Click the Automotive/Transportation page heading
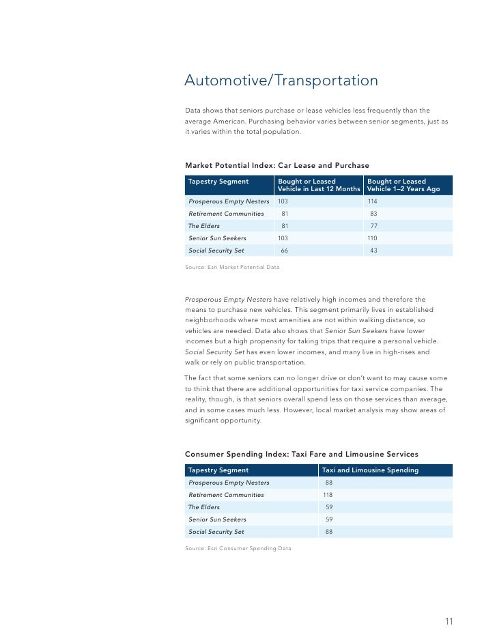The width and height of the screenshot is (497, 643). click(281, 81)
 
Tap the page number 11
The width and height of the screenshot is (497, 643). click(449, 621)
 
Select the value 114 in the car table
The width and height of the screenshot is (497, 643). click(372, 201)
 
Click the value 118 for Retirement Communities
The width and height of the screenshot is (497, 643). click(328, 495)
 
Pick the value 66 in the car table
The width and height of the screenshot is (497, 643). click(285, 251)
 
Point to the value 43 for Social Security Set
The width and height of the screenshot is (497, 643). click(373, 251)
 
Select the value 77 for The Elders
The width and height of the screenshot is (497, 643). click(373, 226)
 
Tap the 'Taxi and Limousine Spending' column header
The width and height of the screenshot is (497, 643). click(370, 470)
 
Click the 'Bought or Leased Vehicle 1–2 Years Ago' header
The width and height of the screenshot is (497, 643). click(403, 185)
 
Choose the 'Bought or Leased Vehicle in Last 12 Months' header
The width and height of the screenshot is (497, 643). click(319, 185)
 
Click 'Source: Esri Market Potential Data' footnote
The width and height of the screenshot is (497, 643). click(232, 267)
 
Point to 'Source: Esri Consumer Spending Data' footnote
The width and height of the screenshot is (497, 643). click(238, 548)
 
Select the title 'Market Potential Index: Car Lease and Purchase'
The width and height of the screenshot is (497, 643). click(277, 165)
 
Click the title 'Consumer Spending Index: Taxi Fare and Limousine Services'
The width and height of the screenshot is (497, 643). click(302, 454)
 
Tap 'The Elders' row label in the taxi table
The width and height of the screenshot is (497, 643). click(203, 507)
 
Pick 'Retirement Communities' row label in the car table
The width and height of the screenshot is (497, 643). click(226, 214)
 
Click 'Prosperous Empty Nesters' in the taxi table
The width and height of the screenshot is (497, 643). click(229, 483)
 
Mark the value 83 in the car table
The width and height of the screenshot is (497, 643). click(373, 214)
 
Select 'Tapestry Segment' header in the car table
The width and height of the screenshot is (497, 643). click(218, 182)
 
